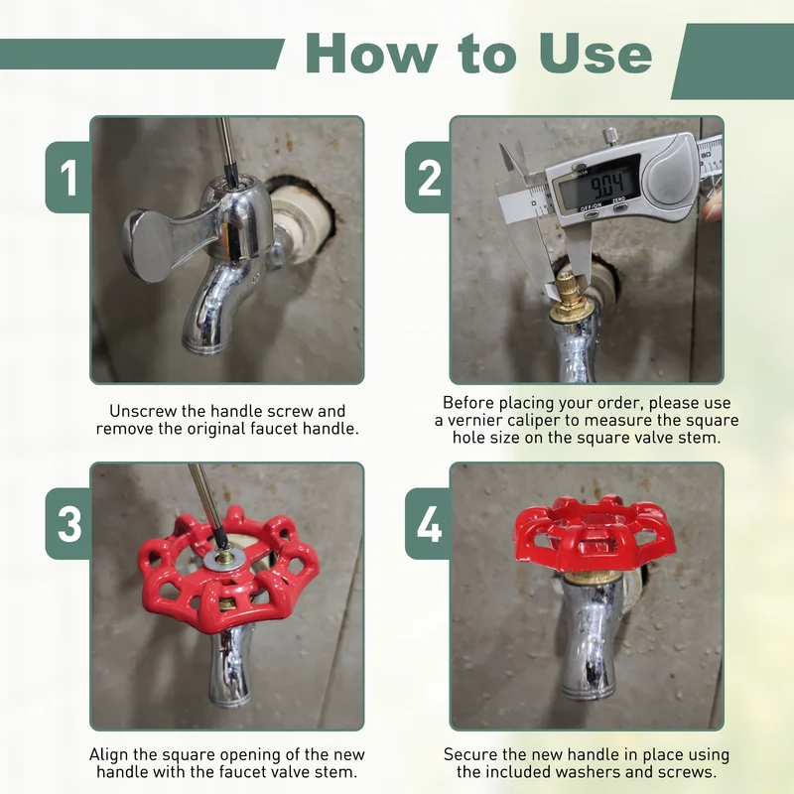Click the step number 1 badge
click(67, 178)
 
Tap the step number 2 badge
click(428, 178)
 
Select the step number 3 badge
click(67, 524)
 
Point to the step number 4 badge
click(428, 524)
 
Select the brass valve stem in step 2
click(572, 295)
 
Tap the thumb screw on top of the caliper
click(611, 137)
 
